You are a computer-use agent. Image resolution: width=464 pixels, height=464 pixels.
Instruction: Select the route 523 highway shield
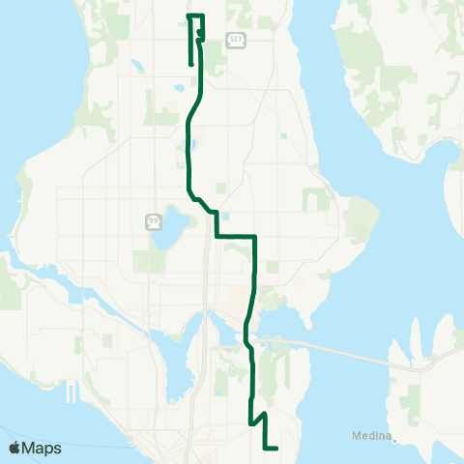[x=236, y=39]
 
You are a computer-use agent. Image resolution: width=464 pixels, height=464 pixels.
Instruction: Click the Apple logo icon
[x=14, y=448]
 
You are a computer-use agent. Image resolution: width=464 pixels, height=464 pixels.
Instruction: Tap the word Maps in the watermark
[x=42, y=448]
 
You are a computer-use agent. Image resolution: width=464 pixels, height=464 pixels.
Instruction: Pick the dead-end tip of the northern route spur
[x=188, y=64]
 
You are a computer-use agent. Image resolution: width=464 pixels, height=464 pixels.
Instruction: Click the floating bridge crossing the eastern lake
[x=338, y=348]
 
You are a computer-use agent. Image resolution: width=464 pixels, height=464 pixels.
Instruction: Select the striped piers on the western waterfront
[x=72, y=392]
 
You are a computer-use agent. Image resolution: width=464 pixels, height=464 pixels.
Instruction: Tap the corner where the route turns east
[x=215, y=235]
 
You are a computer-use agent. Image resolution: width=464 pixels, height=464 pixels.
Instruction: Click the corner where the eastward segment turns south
[x=254, y=236]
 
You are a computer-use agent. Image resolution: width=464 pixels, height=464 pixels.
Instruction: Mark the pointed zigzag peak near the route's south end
[x=262, y=412]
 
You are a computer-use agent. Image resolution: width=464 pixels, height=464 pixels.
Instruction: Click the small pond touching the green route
[x=189, y=146]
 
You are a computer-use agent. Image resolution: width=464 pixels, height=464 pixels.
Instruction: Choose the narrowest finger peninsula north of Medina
[x=414, y=338]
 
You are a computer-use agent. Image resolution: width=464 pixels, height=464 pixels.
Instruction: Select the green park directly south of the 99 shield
[x=150, y=259]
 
